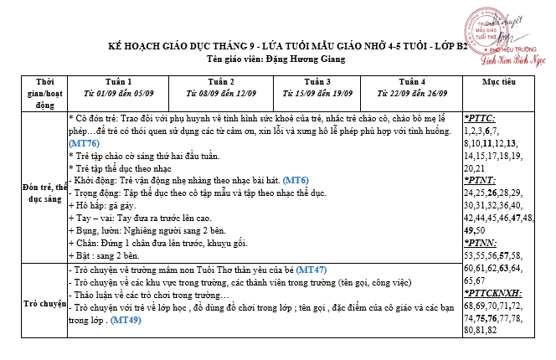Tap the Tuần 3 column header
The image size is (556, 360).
click(317, 81)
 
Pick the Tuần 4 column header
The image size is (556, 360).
click(413, 81)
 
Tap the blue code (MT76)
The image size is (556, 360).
click(83, 145)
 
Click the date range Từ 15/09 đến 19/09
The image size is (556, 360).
click(317, 92)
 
